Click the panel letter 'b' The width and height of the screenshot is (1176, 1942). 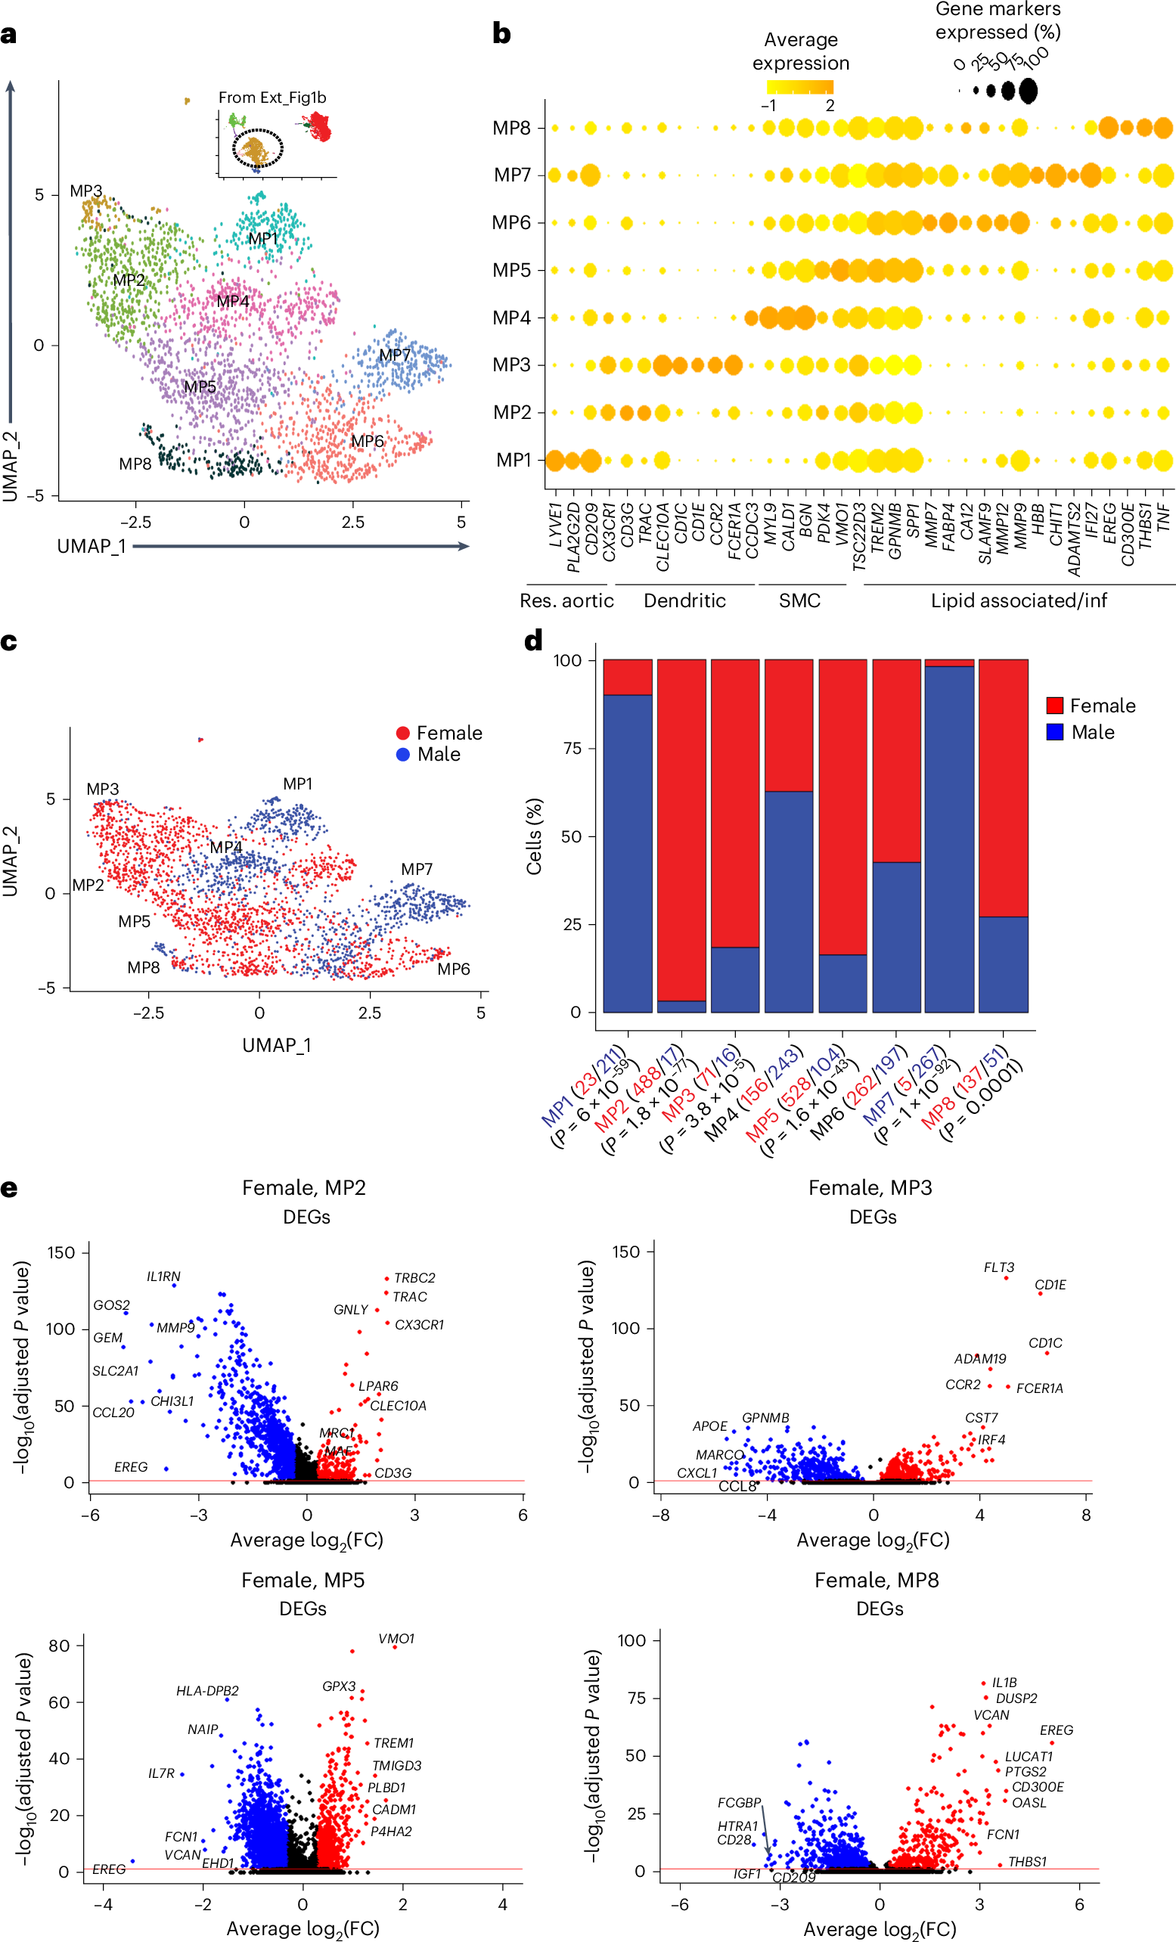[x=501, y=34]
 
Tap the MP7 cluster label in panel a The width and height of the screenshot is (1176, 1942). [x=394, y=355]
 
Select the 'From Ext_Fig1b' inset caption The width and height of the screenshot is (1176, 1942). [x=272, y=98]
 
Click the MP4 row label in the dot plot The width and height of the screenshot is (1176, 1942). [x=511, y=318]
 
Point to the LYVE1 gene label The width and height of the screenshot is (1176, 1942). [x=555, y=526]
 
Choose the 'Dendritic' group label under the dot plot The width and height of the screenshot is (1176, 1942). [x=684, y=600]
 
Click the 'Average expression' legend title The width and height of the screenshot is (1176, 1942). [x=800, y=51]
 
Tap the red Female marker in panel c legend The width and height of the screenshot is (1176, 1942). [x=403, y=733]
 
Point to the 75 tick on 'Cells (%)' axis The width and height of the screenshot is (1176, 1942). [x=571, y=748]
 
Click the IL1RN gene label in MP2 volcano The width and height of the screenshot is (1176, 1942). [x=163, y=1276]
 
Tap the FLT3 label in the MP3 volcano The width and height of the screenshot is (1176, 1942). [x=998, y=1267]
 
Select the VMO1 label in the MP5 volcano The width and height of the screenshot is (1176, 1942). [x=396, y=1639]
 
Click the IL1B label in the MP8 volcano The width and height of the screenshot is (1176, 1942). [x=1004, y=1682]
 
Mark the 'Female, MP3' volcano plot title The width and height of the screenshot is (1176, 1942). [x=870, y=1188]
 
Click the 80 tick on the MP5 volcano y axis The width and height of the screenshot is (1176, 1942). [x=59, y=1646]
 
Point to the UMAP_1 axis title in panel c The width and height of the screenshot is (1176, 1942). [x=277, y=1045]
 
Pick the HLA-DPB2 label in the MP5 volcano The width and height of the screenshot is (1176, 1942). [x=207, y=1691]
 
